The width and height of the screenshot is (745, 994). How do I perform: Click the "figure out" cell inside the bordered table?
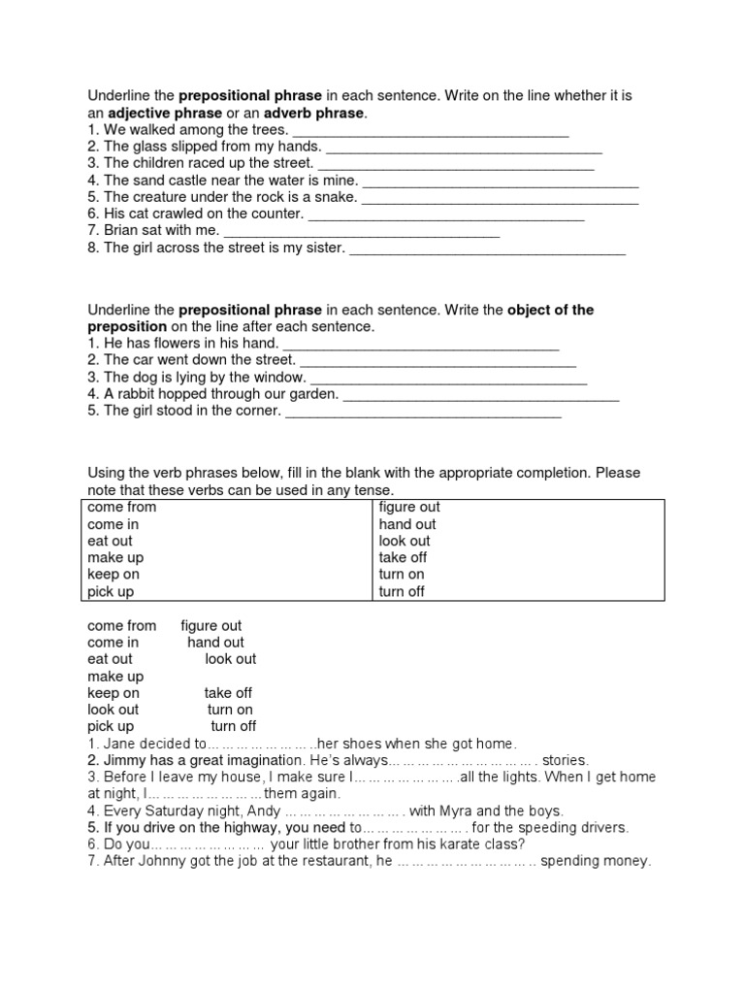(x=409, y=507)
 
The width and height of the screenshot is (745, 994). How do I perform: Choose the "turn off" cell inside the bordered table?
(x=402, y=591)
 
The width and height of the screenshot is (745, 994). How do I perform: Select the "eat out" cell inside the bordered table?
(x=110, y=541)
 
